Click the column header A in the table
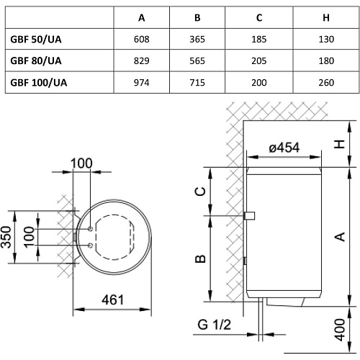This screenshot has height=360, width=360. pos(142,18)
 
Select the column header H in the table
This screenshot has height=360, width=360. pos(326,18)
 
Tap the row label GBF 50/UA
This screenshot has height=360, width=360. pos(36,40)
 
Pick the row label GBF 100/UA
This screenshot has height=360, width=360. pos(39,83)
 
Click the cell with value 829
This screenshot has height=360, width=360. pos(142,61)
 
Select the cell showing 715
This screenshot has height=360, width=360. pos(197,83)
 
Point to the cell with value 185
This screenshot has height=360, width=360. pos(259,40)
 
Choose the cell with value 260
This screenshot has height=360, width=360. pos(326,83)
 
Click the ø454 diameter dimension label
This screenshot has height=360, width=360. pos(284,148)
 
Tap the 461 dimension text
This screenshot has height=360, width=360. pos(112,300)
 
